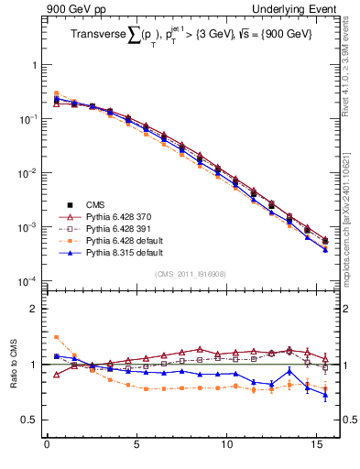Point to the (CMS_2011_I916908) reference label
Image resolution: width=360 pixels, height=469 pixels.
point(190,274)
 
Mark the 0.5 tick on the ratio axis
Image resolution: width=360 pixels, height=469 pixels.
point(31,420)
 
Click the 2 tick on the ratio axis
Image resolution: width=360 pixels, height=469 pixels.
point(35,309)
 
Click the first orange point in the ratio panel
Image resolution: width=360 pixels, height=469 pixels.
point(56,337)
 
